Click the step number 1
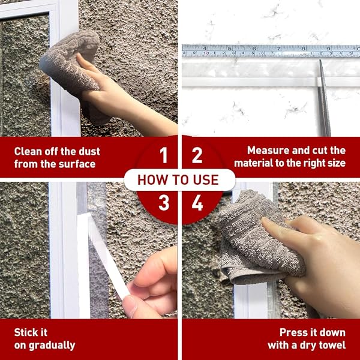click(163, 155)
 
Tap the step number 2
click(197, 155)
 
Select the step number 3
click(164, 203)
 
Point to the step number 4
click(197, 203)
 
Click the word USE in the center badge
click(206, 180)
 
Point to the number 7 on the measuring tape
click(278, 49)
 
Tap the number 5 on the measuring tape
click(230, 49)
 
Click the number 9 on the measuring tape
click(328, 49)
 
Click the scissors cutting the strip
click(324, 98)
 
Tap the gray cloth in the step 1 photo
click(74, 69)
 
